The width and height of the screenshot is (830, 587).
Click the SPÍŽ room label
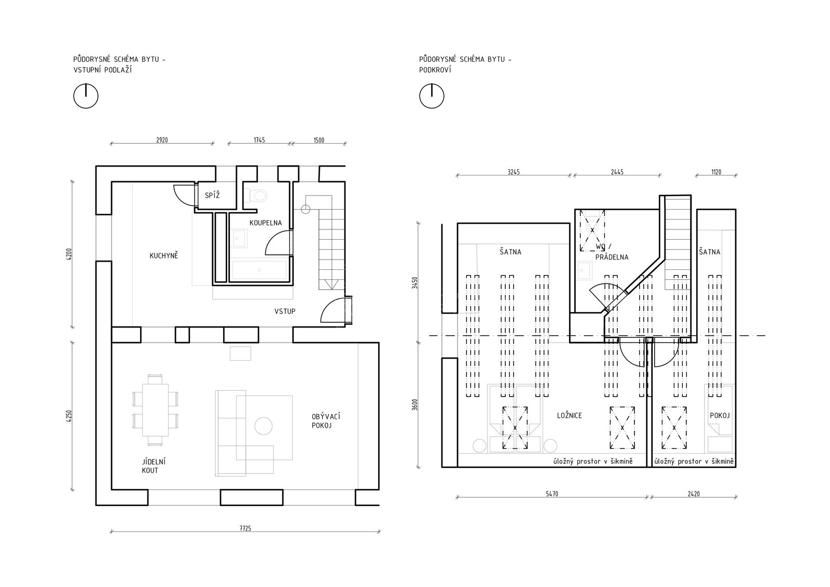[x=212, y=195]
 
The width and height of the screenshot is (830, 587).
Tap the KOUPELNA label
[x=266, y=223]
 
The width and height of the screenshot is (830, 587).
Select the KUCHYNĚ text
[x=164, y=255]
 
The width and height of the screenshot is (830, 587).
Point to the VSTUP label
[x=285, y=311]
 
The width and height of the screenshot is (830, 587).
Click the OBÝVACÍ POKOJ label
[x=326, y=421]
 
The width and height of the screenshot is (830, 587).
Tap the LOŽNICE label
[x=570, y=416]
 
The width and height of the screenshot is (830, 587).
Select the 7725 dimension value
[x=245, y=528]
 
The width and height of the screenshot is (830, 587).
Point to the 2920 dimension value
[x=162, y=140]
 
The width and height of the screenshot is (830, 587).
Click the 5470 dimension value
[x=552, y=494]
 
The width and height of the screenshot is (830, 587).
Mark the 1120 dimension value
[x=716, y=172]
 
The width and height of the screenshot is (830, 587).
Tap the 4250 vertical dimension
[x=70, y=416]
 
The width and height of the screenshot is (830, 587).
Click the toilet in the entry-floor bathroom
[x=256, y=195]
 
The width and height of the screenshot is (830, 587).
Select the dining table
[x=155, y=410]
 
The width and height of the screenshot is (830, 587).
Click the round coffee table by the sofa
[x=264, y=426]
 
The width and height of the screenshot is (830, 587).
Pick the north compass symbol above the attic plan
[x=432, y=95]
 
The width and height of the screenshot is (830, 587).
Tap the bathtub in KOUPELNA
[x=259, y=270]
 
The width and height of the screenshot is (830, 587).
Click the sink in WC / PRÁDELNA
[x=585, y=271]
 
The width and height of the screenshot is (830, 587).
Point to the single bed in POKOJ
[x=720, y=419]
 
